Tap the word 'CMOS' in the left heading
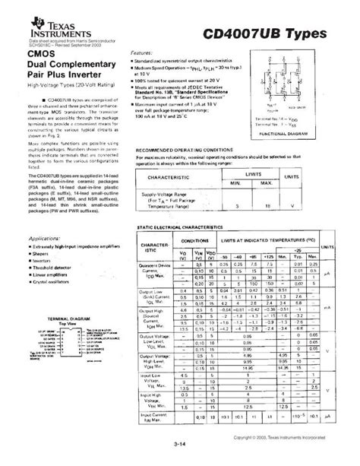(x=42, y=54)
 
